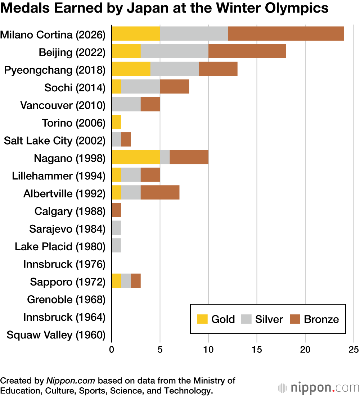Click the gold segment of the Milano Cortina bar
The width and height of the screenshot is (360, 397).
click(136, 33)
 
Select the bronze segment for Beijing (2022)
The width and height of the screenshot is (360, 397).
click(247, 51)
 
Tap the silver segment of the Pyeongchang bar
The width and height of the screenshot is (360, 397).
click(174, 69)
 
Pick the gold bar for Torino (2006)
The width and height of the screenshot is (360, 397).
click(116, 122)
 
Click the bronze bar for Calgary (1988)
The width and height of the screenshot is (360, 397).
click(116, 210)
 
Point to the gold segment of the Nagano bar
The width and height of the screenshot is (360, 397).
click(136, 157)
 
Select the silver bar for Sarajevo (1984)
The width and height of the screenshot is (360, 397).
click(116, 228)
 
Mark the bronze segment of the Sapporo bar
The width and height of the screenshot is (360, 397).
click(136, 281)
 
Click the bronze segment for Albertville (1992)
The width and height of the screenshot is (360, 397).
click(160, 193)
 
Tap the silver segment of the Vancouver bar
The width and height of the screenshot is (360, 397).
click(126, 104)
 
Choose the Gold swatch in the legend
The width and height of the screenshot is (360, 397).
click(203, 319)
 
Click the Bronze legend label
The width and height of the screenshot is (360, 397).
click(321, 319)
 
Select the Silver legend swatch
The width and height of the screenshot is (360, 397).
click(247, 319)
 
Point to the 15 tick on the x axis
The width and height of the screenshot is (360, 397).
click(257, 350)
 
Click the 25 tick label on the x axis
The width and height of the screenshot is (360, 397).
click(354, 350)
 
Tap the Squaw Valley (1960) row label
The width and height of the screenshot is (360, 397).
click(56, 335)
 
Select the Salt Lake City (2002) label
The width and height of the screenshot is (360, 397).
click(55, 140)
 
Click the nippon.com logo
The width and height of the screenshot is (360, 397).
click(318, 388)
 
